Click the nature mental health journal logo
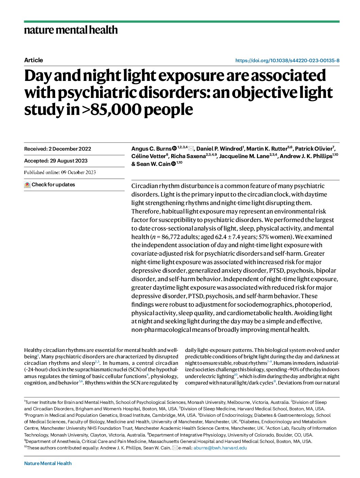coord(71,30)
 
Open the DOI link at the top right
coord(287,61)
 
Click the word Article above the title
coord(33,60)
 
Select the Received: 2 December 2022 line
coord(58,149)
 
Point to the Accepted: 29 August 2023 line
coord(56,161)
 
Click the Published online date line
coord(60,172)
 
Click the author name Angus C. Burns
coord(151,149)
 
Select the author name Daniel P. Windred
coord(219,149)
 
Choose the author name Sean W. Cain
coord(153,164)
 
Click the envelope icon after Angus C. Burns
coord(191,149)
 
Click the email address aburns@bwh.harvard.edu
coord(220,448)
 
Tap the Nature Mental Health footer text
coord(48,463)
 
